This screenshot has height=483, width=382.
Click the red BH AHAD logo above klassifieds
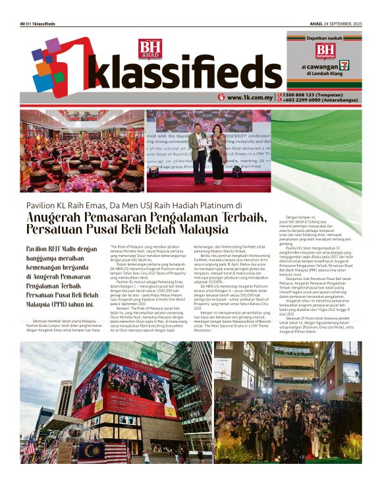tap(150, 49)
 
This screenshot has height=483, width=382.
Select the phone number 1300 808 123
tap(309, 95)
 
